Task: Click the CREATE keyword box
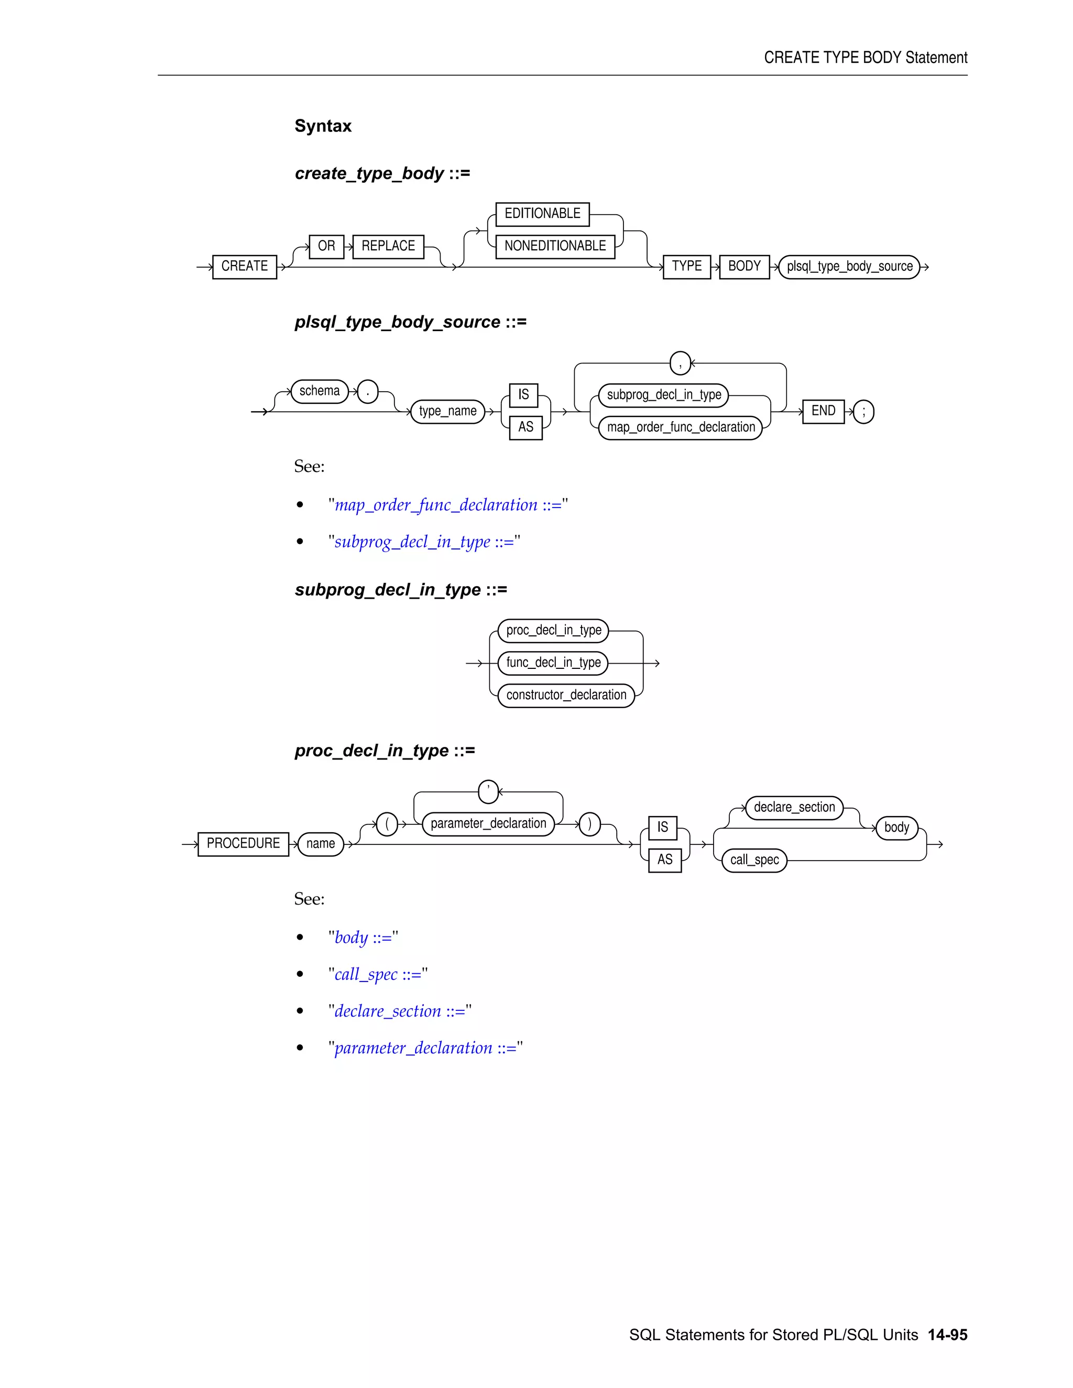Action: point(244,266)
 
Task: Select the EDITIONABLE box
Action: point(542,214)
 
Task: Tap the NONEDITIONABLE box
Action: point(555,246)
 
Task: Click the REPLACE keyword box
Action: point(388,246)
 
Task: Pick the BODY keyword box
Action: point(744,266)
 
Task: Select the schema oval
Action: point(319,391)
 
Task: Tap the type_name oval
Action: point(447,411)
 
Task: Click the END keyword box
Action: point(823,411)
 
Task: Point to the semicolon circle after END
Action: point(863,411)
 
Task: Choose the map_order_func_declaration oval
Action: point(680,427)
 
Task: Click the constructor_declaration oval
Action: point(566,695)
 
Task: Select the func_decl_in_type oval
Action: point(553,663)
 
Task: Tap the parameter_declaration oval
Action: point(488,824)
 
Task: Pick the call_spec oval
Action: point(754,860)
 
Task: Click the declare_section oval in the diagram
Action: point(794,808)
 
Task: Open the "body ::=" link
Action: point(363,938)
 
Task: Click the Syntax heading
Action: point(323,126)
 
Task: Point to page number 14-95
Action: point(947,1335)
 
